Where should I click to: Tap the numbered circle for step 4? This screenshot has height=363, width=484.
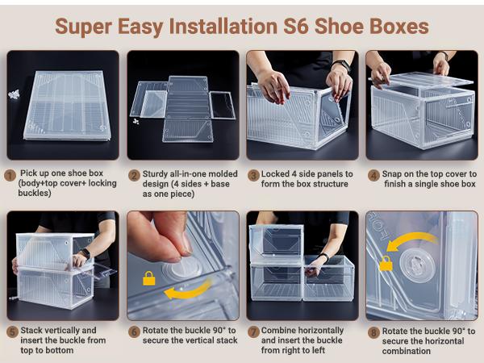point(373,174)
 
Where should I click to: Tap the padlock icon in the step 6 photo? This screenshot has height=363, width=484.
point(148,278)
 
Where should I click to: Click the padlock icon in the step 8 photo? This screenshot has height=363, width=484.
point(386,263)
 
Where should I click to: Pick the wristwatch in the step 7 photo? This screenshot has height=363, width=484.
point(323,258)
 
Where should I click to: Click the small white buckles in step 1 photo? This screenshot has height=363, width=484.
point(14,94)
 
